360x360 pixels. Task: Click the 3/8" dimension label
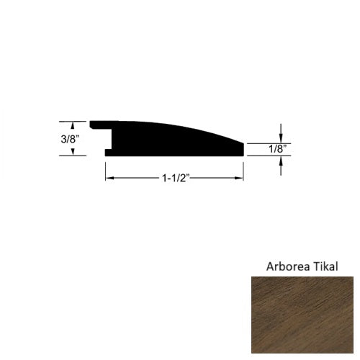pos(71,138)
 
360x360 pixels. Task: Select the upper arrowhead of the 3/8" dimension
pos(71,123)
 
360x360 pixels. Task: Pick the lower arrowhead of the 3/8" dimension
pos(71,152)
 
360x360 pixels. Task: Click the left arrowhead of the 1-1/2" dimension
pos(110,175)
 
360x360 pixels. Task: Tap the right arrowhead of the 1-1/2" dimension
pos(240,175)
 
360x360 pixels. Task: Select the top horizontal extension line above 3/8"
pos(72,120)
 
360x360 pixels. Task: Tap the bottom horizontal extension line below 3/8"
pos(72,156)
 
